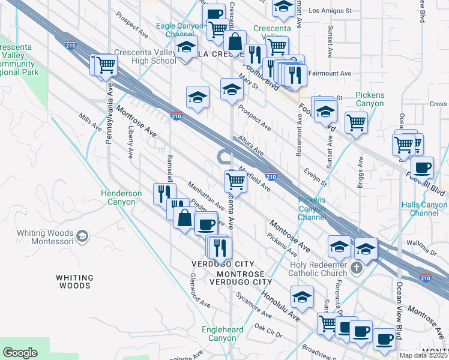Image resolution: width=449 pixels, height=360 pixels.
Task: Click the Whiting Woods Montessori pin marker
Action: [83, 236]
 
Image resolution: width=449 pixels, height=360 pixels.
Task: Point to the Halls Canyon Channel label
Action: [424, 209]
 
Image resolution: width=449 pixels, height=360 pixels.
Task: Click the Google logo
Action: [20, 353]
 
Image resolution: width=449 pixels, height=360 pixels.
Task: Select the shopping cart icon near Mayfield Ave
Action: [236, 180]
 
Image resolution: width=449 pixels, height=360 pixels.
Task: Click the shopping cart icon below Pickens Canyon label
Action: [357, 122]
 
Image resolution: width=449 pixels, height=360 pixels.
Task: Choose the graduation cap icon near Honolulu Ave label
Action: [302, 296]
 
